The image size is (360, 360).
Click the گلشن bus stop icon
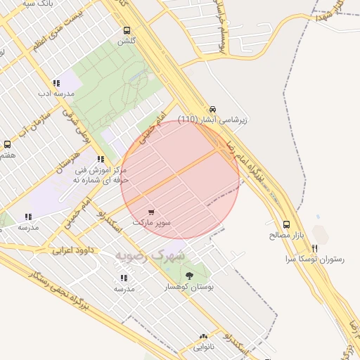pos(127,30)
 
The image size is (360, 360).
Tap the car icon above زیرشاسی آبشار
pos(212,109)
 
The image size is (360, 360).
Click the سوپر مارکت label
pos(153,222)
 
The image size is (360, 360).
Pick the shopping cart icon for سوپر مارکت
pos(152,212)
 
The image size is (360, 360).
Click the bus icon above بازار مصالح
pos(285,224)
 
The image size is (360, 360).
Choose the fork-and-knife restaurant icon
pos(314,248)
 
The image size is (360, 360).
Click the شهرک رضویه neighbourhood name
pos(150,254)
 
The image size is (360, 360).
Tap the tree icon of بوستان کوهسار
pos(189,276)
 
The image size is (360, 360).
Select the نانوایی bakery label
pos(205,347)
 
